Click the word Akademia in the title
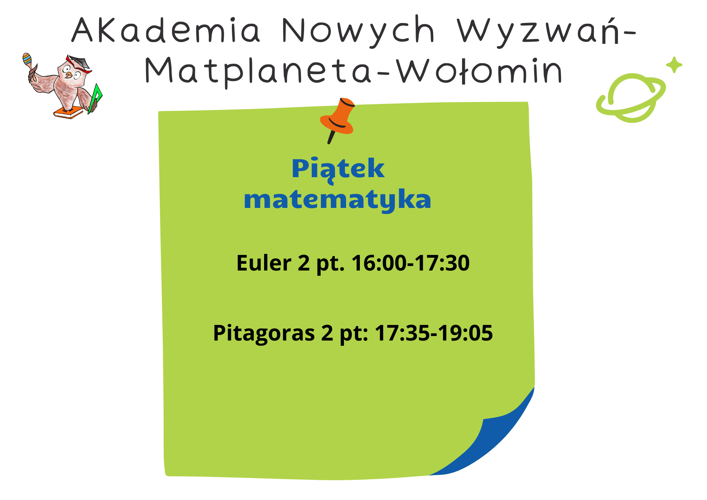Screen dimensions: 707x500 tap(166, 30)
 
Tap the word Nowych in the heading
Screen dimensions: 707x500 tap(358, 31)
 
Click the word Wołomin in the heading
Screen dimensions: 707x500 tap(479, 71)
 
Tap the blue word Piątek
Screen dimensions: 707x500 tap(338, 169)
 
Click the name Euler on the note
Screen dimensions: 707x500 tap(264, 263)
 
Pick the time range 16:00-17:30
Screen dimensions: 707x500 tap(410, 263)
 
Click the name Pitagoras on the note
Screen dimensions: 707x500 tap(264, 333)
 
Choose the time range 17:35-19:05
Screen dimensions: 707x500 tap(434, 333)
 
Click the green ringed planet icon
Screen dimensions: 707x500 tap(631, 98)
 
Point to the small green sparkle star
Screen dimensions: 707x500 tap(674, 65)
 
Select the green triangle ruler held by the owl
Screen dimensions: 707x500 tap(95, 99)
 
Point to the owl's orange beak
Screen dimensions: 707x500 tap(69, 75)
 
